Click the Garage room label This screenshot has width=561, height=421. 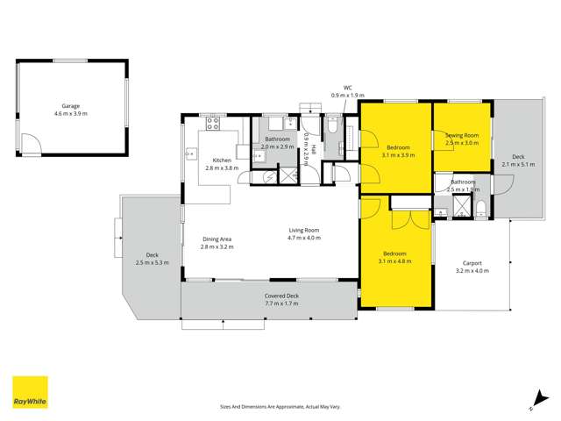click(70, 105)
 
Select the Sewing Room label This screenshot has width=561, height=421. click(461, 135)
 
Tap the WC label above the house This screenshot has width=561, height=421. click(347, 88)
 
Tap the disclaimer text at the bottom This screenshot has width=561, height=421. click(280, 406)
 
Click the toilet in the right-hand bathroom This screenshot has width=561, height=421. click(481, 209)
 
